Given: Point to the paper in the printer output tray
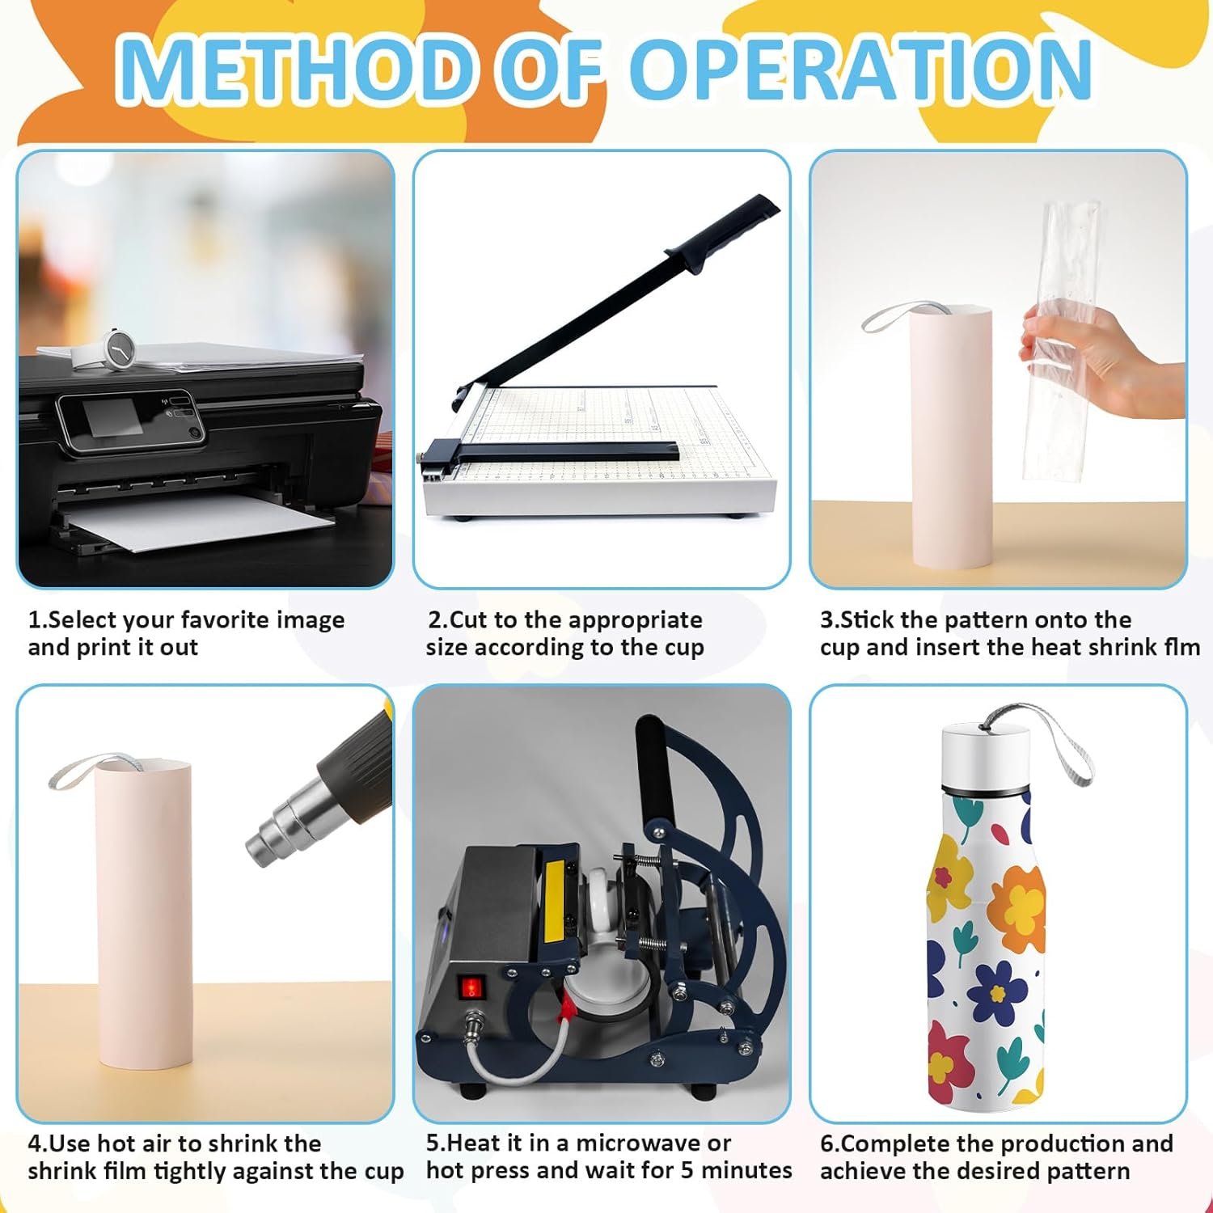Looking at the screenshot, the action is point(202,522).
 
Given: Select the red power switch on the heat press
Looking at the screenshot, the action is point(470,987).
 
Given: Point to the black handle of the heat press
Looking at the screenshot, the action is point(652,768).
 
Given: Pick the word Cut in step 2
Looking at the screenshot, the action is point(467,620).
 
